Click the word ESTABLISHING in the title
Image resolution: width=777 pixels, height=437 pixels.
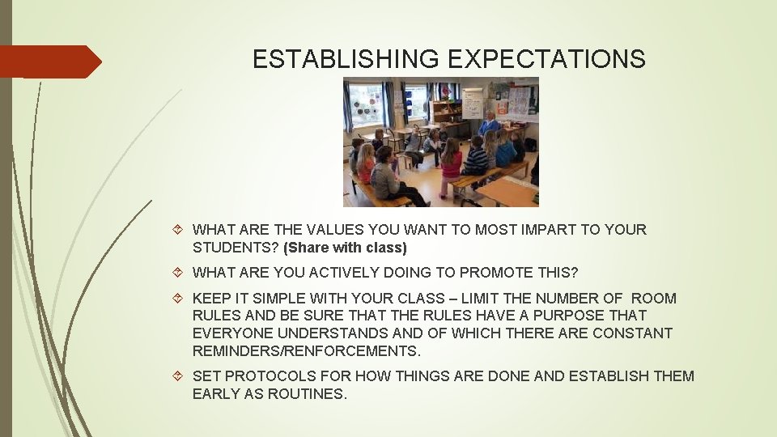click(x=346, y=59)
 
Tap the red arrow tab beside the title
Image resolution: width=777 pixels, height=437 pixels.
click(x=50, y=62)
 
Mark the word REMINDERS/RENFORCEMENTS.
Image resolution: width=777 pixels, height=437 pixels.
click(x=307, y=351)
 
